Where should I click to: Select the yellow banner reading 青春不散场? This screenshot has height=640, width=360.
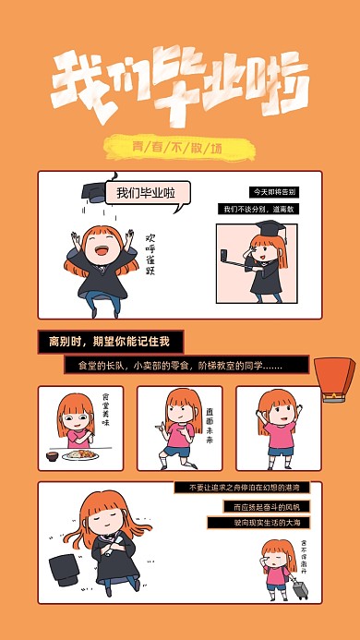click(x=178, y=146)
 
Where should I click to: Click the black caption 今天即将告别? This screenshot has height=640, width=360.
click(x=273, y=192)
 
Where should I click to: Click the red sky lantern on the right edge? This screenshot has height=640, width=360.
click(x=333, y=379)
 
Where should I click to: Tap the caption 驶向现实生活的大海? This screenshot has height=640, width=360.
click(x=258, y=523)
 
